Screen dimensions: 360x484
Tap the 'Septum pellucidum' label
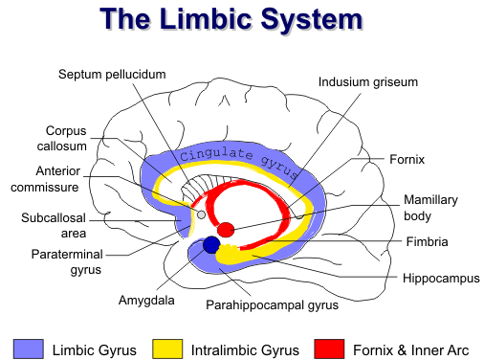(x=112, y=74)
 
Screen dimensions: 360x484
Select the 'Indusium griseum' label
(x=367, y=81)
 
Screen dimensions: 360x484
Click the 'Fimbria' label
(x=427, y=242)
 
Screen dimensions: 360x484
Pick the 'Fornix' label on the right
(x=407, y=158)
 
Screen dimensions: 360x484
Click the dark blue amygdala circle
(x=211, y=244)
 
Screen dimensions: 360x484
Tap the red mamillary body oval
(x=226, y=230)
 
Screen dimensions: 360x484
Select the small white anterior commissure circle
(x=201, y=215)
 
